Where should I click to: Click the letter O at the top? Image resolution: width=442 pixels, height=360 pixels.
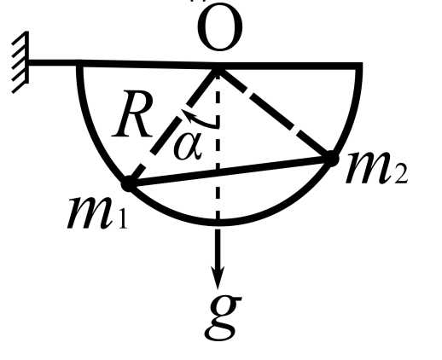click(220, 27)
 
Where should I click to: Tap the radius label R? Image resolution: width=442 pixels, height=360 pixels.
click(133, 114)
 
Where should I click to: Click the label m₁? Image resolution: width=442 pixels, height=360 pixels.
click(96, 212)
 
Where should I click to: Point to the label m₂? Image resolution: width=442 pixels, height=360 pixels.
click(376, 167)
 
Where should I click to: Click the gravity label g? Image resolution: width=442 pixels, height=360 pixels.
click(224, 318)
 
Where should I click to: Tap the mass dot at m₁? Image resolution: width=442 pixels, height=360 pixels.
click(128, 184)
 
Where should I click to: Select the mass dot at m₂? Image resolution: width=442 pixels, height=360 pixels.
click(331, 159)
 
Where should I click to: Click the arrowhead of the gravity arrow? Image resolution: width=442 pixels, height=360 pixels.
click(218, 277)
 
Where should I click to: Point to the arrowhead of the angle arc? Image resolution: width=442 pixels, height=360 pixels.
click(185, 113)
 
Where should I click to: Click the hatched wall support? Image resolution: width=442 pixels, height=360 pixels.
click(20, 62)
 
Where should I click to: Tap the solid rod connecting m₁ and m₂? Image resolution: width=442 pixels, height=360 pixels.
click(230, 171)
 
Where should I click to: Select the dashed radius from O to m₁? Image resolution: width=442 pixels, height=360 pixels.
click(173, 126)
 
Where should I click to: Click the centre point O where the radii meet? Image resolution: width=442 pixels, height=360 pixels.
click(218, 67)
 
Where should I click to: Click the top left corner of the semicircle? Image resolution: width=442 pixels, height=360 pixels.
click(79, 63)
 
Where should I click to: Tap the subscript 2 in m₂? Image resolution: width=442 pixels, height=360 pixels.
click(401, 176)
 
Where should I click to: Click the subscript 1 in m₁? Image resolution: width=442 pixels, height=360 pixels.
click(123, 219)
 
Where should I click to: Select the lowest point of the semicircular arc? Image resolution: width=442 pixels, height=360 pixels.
click(218, 223)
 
